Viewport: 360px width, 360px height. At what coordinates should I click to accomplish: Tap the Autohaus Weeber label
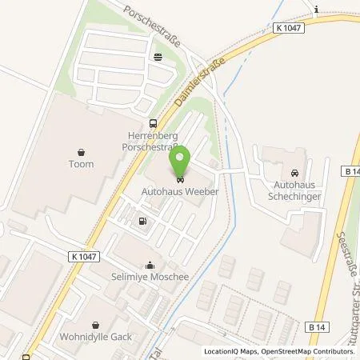tap(179, 191)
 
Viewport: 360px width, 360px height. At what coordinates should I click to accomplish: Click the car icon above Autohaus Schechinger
tap(294, 172)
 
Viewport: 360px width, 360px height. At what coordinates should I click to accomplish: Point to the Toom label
tap(82, 164)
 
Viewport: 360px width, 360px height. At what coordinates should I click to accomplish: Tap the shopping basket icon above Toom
tap(82, 150)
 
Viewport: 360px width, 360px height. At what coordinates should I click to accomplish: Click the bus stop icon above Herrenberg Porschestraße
tap(152, 123)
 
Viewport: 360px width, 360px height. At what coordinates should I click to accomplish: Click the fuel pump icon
tap(142, 222)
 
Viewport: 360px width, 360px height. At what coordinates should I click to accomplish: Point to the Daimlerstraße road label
tap(193, 83)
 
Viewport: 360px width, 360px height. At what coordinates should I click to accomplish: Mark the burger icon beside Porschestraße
tap(158, 56)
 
